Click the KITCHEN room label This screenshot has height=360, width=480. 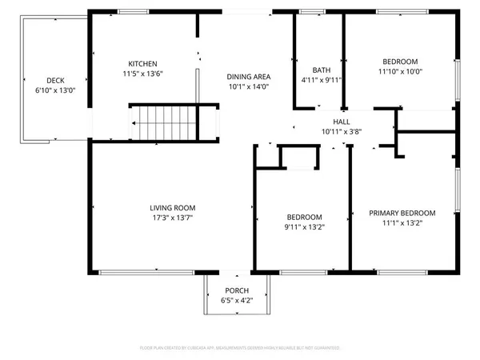pyautogui.click(x=143, y=64)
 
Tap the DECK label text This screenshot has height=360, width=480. pyautogui.click(x=55, y=80)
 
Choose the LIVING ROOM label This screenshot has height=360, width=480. pyautogui.click(x=173, y=207)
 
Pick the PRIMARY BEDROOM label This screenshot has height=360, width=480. pyautogui.click(x=402, y=213)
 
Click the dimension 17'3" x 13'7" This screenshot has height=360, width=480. pyautogui.click(x=173, y=217)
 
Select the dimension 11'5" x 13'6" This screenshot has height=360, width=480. pyautogui.click(x=143, y=74)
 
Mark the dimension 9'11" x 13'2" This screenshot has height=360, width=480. pyautogui.click(x=305, y=226)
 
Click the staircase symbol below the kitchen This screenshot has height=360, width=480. pyautogui.click(x=164, y=122)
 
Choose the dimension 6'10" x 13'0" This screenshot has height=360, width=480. pyautogui.click(x=55, y=90)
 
